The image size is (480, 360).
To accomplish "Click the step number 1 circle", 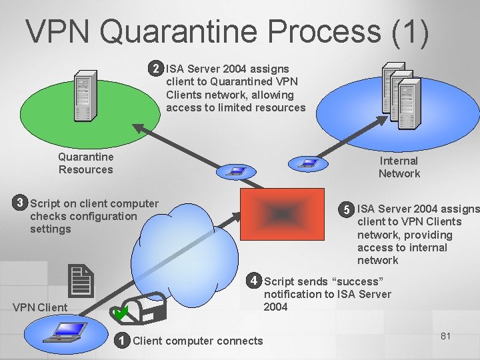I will (121, 341).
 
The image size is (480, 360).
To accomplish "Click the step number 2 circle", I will (156, 69).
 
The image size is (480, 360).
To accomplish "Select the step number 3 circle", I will (21, 203).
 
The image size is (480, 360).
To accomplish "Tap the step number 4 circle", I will (254, 279).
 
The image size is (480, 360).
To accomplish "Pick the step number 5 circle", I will (346, 209).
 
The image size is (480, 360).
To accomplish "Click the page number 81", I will (446, 336).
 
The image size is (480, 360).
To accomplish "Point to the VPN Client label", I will (40, 307).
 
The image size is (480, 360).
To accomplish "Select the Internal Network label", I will (399, 167).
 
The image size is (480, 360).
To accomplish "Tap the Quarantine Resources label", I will (85, 163).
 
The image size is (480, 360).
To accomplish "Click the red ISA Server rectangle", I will (282, 213).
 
